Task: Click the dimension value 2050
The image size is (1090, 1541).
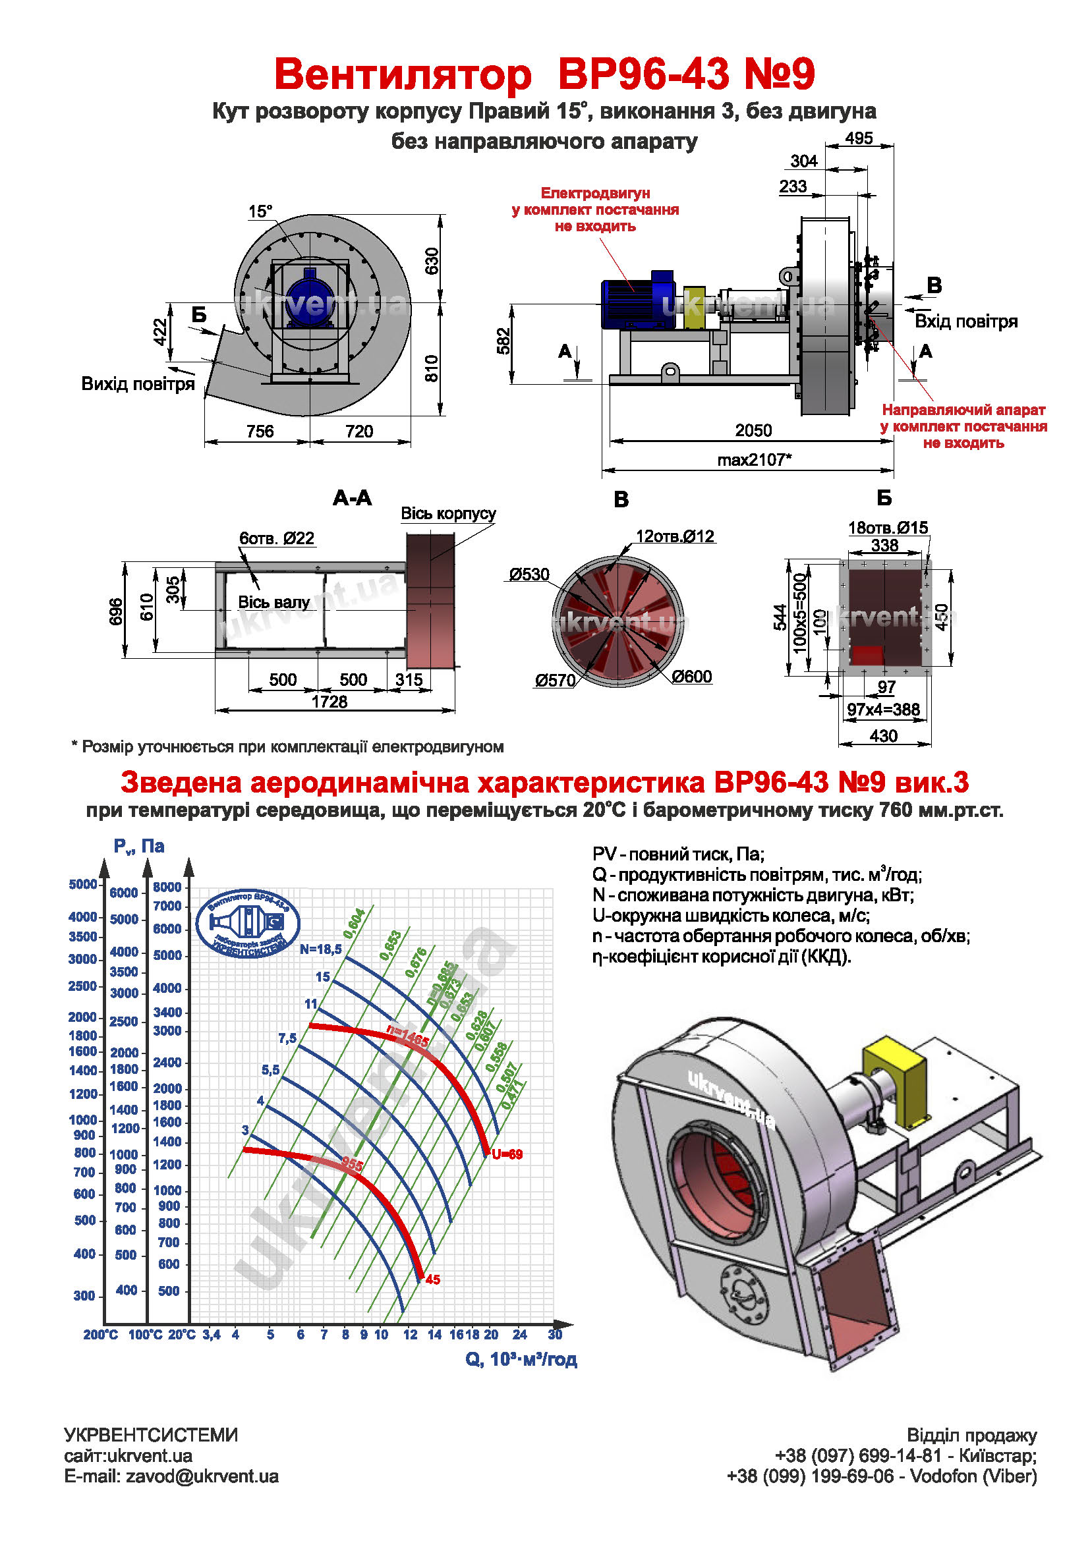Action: pyautogui.click(x=753, y=431)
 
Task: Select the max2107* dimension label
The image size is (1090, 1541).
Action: pyautogui.click(x=755, y=461)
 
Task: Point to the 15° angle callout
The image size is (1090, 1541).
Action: pyautogui.click(x=260, y=211)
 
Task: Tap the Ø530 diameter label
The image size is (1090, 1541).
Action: pyautogui.click(x=529, y=574)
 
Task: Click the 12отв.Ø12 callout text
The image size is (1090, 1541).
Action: pyautogui.click(x=675, y=536)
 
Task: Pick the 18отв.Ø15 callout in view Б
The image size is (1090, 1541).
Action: pyautogui.click(x=888, y=528)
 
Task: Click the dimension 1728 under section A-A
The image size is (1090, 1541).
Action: pyautogui.click(x=330, y=702)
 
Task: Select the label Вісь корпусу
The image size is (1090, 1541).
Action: pyautogui.click(x=448, y=513)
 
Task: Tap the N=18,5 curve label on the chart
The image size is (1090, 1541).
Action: pyautogui.click(x=321, y=949)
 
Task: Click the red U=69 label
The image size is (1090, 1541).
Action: pyautogui.click(x=507, y=1154)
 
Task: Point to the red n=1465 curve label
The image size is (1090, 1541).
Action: pyautogui.click(x=407, y=1036)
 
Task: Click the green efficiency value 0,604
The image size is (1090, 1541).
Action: pyautogui.click(x=354, y=924)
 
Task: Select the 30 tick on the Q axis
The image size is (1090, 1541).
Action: pyautogui.click(x=555, y=1334)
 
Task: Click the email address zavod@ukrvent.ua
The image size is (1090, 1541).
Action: pyautogui.click(x=202, y=1476)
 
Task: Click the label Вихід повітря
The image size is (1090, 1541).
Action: pyautogui.click(x=138, y=384)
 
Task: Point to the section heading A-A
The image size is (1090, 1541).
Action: pyautogui.click(x=353, y=498)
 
